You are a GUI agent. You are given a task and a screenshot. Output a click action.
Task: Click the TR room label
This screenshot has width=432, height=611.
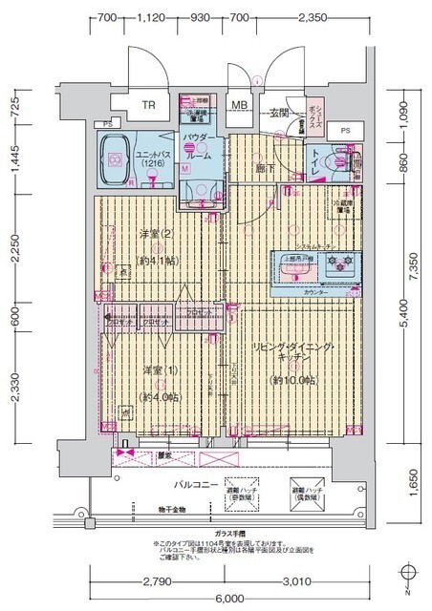pos(149,106)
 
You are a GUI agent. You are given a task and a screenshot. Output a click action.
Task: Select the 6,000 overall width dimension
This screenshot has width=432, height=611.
pos(227,599)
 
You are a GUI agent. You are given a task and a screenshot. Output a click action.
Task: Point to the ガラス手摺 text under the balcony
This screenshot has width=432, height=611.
pos(226,533)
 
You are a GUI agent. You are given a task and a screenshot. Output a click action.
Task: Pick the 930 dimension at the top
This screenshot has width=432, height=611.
pos(201,17)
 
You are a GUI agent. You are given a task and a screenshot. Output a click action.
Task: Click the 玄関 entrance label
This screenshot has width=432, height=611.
pos(278,113)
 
